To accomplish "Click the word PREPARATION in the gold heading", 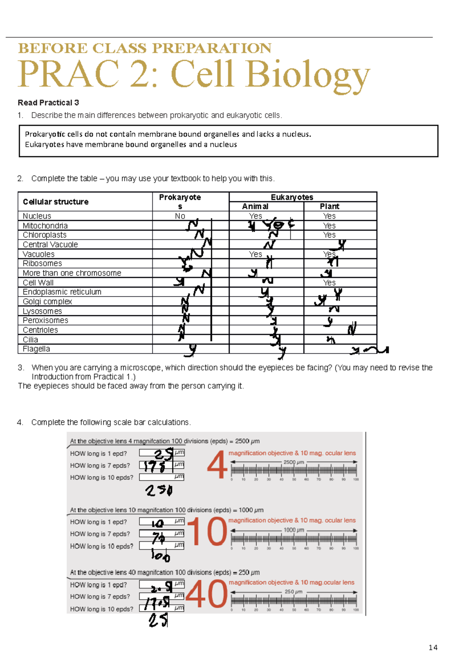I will [212, 48].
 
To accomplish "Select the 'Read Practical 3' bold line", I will [48, 103].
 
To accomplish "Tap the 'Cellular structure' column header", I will [56, 202].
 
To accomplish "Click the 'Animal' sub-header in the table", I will [255, 206].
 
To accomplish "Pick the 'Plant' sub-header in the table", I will [329, 206].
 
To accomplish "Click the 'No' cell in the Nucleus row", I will [180, 216].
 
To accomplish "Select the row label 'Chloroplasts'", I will [44, 235].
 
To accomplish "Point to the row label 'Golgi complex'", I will [47, 302].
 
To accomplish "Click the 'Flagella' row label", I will [36, 349].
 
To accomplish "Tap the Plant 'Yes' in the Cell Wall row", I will [329, 283].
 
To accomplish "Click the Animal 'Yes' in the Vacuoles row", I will [255, 254].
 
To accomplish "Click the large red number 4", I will [217, 465].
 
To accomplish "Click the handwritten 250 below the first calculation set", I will [159, 490].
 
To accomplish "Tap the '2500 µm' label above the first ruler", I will [294, 462].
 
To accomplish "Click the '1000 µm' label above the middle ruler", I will [294, 530].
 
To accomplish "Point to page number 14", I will [433, 648].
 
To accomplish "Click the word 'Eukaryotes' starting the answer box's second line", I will [44, 144].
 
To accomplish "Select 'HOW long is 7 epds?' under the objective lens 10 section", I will [100, 534].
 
